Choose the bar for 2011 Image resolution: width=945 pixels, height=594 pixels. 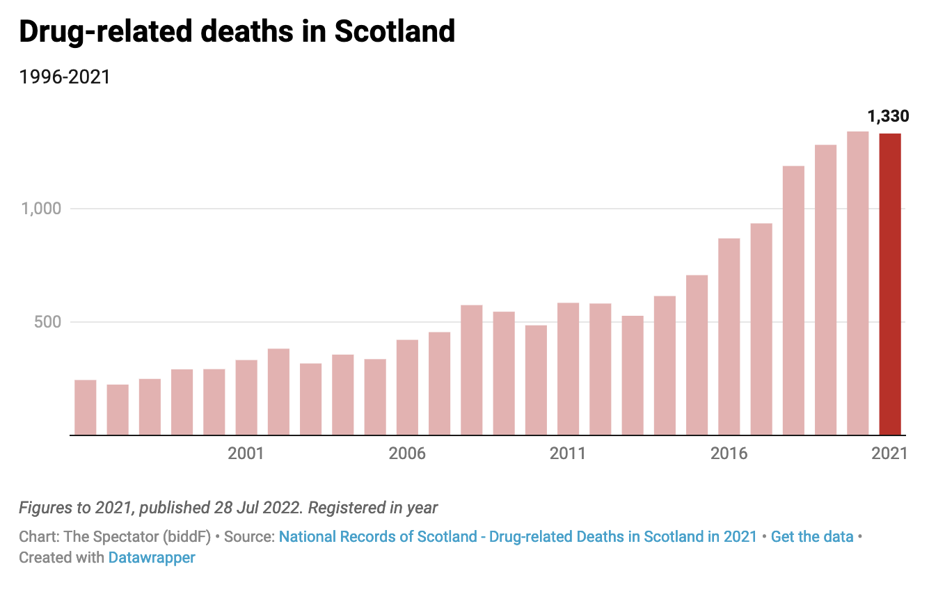pos(568,369)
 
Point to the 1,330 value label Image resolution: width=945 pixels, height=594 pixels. pos(888,116)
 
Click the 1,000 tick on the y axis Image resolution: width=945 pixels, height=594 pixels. pos(41,209)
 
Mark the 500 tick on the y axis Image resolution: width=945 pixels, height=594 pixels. pos(48,322)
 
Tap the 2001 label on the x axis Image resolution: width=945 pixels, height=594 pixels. pos(246,453)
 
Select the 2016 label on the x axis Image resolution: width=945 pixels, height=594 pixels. pos(729,453)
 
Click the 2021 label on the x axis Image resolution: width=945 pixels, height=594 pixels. pos(889,453)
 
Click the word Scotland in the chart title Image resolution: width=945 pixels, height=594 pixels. pos(395,31)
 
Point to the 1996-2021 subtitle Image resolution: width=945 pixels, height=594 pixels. pos(65,77)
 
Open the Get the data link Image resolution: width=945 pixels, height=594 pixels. pos(811,537)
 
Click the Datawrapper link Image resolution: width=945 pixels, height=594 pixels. pos(152,557)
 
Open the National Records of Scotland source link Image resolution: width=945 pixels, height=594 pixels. pos(517,537)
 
